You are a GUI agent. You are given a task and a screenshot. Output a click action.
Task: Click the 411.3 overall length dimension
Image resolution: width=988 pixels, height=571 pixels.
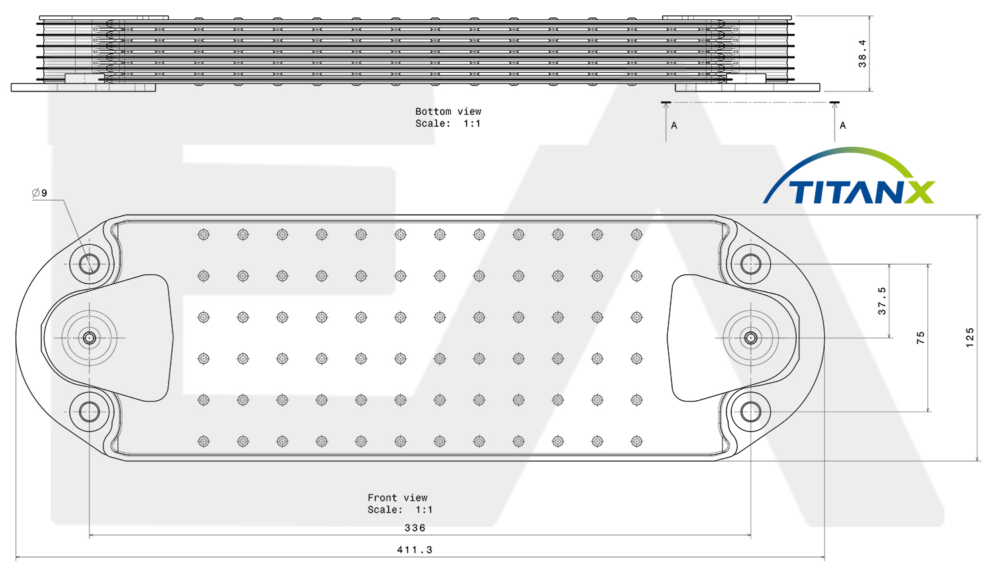[415, 550]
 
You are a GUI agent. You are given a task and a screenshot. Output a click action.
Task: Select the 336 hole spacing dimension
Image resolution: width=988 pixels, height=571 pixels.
[415, 528]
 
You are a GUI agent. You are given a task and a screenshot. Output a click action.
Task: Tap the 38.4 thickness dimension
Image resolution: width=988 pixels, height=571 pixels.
[862, 53]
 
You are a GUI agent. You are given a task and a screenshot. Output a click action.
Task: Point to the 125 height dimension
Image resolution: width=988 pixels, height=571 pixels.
[969, 338]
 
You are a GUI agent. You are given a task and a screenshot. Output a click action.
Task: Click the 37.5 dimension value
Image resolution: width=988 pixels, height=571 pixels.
[882, 301]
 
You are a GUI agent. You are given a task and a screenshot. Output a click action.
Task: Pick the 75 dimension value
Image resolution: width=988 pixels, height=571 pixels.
[920, 338]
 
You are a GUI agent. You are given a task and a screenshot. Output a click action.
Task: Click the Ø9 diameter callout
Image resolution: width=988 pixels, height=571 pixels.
[40, 193]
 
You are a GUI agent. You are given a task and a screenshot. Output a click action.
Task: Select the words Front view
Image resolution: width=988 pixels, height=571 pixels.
[397, 498]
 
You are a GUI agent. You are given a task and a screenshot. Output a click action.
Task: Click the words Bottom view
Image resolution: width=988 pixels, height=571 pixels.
[448, 111]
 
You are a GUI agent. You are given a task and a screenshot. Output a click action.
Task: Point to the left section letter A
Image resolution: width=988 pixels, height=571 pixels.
[674, 126]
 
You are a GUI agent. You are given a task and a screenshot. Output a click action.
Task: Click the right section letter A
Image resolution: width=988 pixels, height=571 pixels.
[843, 126]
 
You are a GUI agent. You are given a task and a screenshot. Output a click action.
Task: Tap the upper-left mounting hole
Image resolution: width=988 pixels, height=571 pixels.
[89, 264]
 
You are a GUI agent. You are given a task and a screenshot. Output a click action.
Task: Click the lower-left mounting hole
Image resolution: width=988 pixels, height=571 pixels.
[89, 412]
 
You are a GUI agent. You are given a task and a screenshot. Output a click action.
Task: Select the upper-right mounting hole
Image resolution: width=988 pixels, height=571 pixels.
[751, 264]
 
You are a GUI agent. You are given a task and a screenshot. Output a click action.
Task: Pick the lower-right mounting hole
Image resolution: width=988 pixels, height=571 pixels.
[751, 412]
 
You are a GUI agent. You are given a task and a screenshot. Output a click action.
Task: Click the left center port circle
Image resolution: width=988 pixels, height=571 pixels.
[89, 338]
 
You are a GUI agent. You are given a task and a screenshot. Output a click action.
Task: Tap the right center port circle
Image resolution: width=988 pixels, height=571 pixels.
[751, 338]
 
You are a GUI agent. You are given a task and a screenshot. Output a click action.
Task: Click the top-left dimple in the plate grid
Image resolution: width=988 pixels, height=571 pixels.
[203, 234]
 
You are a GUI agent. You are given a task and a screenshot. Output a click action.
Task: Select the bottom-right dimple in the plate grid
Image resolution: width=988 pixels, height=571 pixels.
[637, 441]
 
